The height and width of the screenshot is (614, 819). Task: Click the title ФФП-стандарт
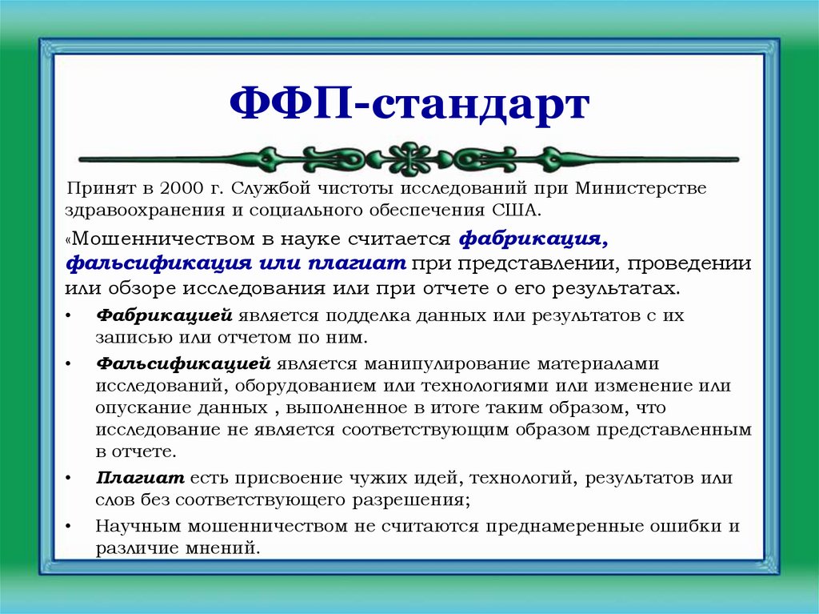pyautogui.click(x=409, y=105)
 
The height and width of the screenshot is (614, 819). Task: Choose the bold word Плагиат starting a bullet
pyautogui.click(x=141, y=479)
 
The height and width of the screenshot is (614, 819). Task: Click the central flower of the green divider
pyautogui.click(x=409, y=158)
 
